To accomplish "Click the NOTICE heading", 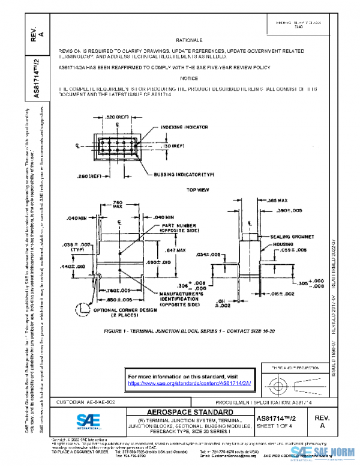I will (x=188, y=78).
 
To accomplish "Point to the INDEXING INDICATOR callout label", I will (x=184, y=127).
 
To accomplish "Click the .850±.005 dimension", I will (x=114, y=298).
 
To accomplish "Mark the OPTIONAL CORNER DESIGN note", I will (x=121, y=312).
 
